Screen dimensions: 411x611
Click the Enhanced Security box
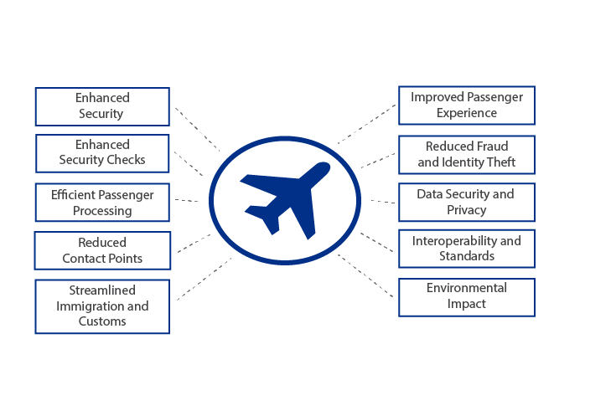102,105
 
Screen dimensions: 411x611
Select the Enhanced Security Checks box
102,152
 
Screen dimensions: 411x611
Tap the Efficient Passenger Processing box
102,203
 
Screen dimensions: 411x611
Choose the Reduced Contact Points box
102,250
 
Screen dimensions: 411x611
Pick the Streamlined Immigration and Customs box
102,306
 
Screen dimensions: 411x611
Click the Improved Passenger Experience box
466,105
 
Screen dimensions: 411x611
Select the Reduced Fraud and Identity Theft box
466,154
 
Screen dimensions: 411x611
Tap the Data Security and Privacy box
466,202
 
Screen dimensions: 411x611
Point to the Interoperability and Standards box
466,248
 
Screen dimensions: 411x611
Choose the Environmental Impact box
466,296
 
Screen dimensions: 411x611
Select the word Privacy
466,209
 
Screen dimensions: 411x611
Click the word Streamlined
102,290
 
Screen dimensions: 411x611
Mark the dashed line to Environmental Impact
365,276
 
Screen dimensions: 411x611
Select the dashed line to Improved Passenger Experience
365,126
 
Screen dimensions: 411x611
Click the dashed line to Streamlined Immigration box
204,279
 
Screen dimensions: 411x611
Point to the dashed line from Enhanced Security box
198,129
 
